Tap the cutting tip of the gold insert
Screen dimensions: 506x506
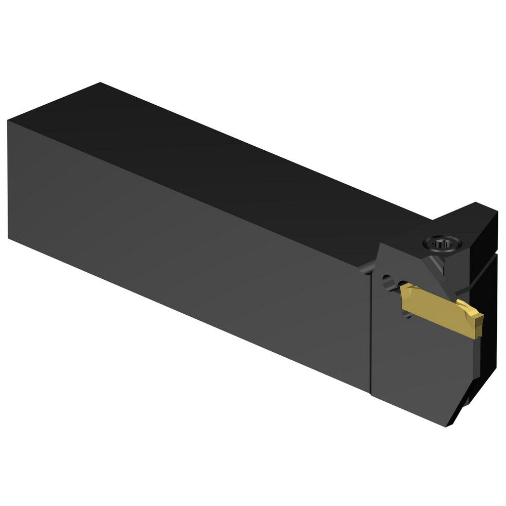(478, 324)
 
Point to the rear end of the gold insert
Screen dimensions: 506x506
(403, 292)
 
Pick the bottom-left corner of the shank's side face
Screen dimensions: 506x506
(9, 238)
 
